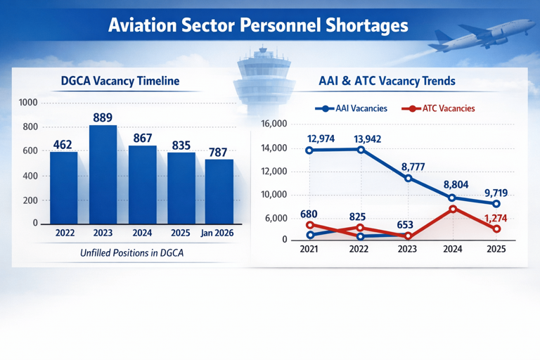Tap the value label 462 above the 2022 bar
coord(63,144)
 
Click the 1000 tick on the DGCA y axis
coord(28,103)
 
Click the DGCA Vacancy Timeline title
coord(119,81)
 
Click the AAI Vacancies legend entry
coord(352,109)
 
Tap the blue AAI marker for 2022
coord(361,150)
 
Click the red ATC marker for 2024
coord(453,209)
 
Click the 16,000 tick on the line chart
coord(274,124)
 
